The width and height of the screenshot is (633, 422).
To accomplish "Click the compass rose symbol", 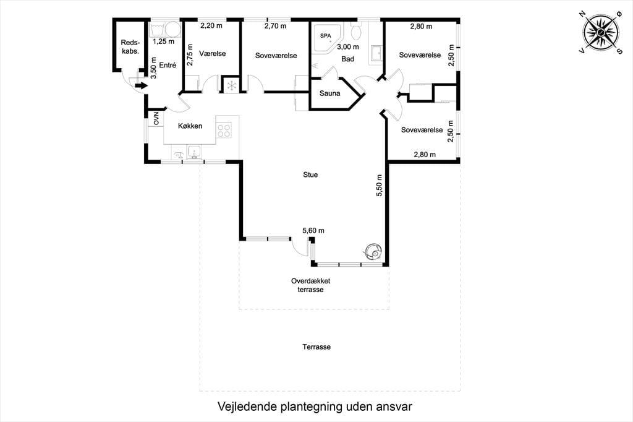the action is (x=601, y=32).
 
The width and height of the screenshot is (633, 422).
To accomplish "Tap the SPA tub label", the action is (x=325, y=35).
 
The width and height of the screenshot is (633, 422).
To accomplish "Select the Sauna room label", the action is (x=330, y=93).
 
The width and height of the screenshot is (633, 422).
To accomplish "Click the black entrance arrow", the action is (x=142, y=85).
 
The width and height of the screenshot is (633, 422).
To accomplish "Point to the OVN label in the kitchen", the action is (x=156, y=118).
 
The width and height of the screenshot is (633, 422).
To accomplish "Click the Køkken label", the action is (x=190, y=126).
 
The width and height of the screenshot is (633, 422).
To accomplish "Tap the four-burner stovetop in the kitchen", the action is (x=224, y=130).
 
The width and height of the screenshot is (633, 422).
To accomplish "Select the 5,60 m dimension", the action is (x=313, y=231).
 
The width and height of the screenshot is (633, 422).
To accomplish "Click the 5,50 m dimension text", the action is (x=379, y=186).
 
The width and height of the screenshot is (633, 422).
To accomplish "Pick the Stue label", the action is (x=310, y=174).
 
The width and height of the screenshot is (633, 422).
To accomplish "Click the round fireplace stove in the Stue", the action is (x=373, y=251).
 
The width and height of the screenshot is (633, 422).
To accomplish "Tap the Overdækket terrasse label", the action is (x=310, y=285).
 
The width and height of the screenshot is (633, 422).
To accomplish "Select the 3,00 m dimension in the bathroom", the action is (x=347, y=47).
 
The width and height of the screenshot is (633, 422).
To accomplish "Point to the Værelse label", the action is (x=213, y=54).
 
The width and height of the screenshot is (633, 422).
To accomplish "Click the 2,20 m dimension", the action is (x=211, y=25).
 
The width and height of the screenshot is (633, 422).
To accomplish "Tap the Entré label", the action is (x=168, y=65).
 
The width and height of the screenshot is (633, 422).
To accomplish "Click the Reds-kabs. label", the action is (x=130, y=47).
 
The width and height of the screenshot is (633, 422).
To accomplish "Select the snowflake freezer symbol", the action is (x=232, y=85).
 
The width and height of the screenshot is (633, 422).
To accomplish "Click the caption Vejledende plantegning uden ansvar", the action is (x=315, y=407).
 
